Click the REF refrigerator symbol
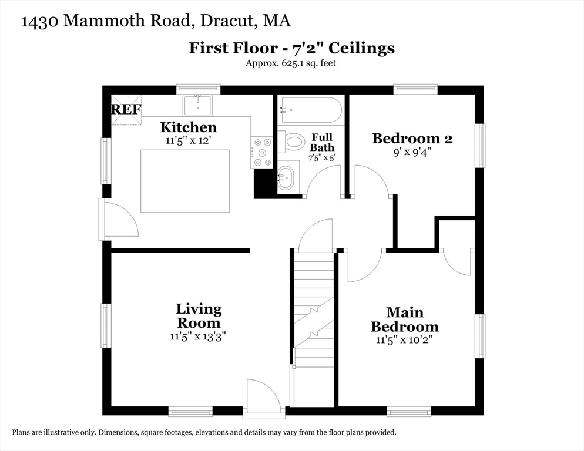click(x=126, y=109)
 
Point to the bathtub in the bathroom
click(x=310, y=109)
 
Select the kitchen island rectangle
click(x=185, y=181)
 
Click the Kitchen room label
click(x=189, y=127)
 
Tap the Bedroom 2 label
click(x=412, y=138)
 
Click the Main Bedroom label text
click(x=404, y=319)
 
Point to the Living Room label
click(x=199, y=315)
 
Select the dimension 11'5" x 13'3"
click(x=199, y=336)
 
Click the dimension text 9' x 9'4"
click(x=412, y=152)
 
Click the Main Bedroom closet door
click(x=457, y=262)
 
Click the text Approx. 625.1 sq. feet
click(x=291, y=63)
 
